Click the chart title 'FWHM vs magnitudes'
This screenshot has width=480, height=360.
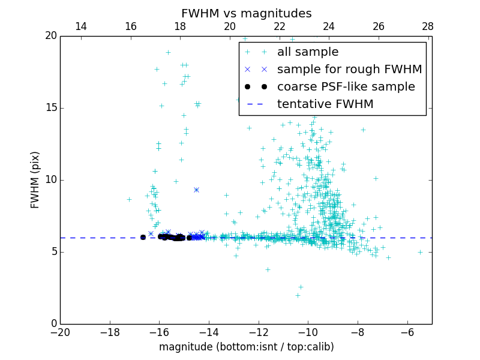(246, 13)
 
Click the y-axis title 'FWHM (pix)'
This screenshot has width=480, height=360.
(35, 180)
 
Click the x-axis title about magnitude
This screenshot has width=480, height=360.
(246, 347)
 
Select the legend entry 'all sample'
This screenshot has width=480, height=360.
(308, 52)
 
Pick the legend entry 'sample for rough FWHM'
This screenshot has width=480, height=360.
(349, 70)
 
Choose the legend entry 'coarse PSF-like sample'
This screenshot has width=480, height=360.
(346, 87)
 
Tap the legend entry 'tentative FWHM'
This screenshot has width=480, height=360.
(325, 104)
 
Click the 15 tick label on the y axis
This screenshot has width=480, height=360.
(50, 108)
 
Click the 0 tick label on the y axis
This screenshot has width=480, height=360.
(53, 324)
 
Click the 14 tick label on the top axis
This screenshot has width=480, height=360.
(80, 26)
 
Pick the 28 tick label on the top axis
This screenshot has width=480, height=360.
(428, 26)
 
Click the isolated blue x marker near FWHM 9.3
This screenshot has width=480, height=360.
(196, 190)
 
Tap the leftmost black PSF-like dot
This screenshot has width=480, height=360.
(143, 237)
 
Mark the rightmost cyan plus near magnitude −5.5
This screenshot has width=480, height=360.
(420, 252)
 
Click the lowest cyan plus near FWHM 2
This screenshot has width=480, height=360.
(298, 295)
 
